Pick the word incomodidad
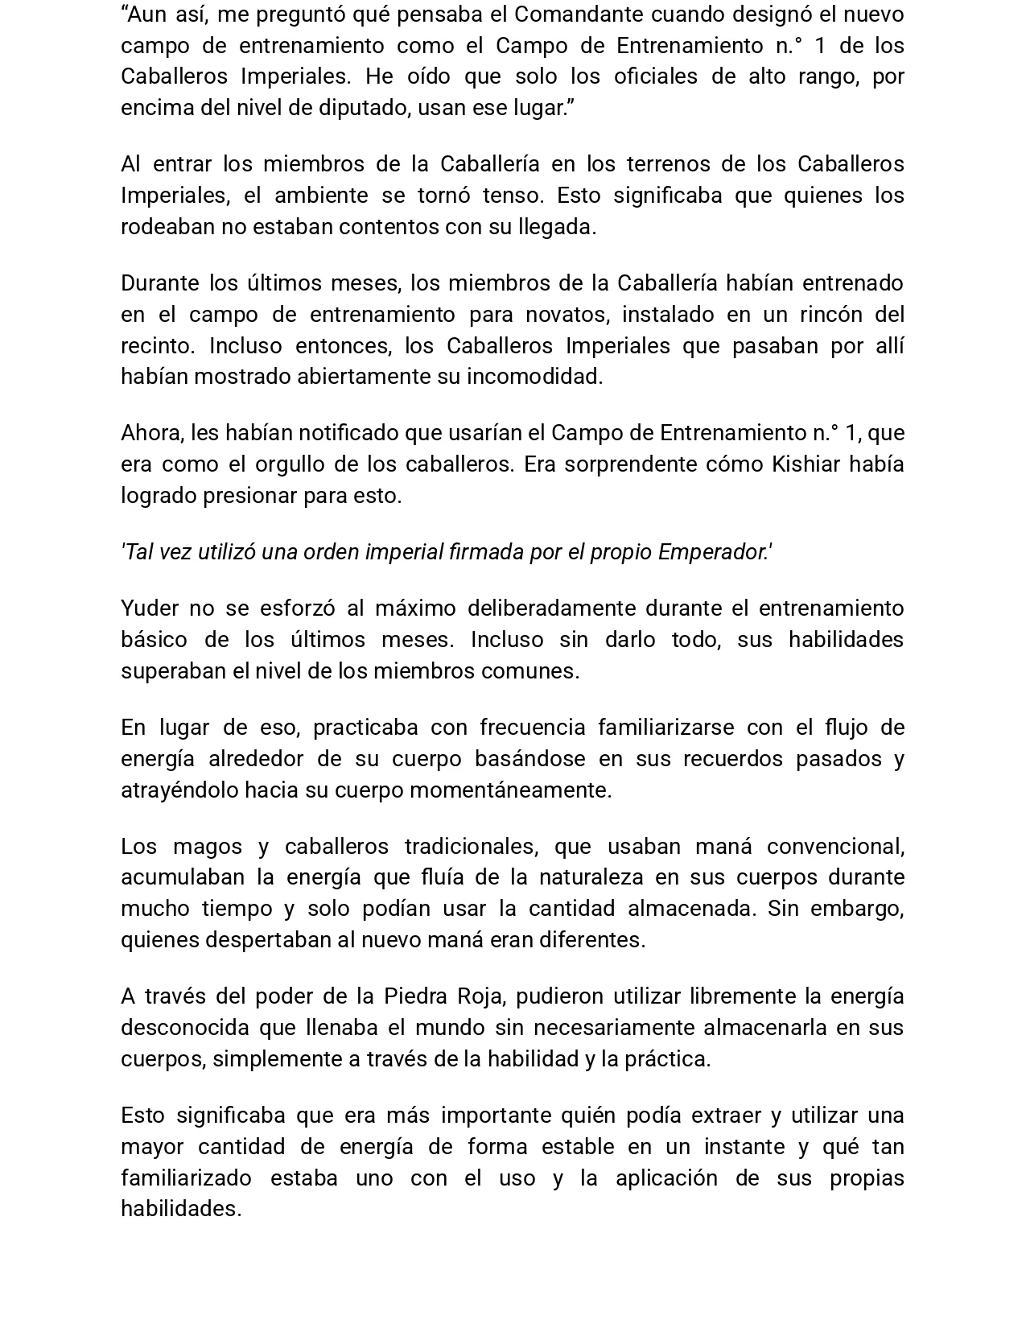point(534,377)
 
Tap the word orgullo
point(290,464)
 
